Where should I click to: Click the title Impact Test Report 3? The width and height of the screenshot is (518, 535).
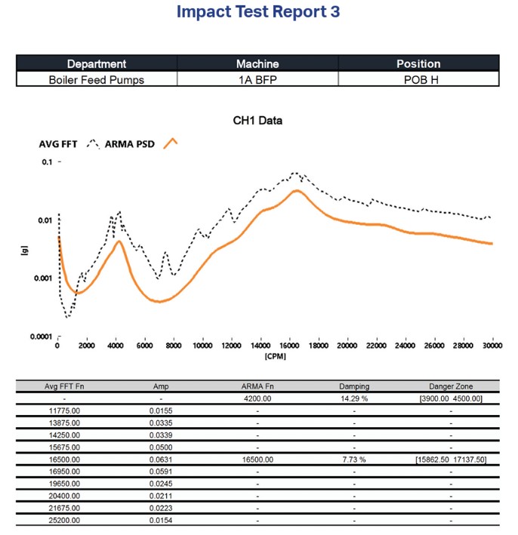[258, 13]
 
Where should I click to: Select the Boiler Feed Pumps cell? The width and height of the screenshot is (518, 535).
[97, 78]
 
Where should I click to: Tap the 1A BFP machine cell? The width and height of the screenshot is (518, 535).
[257, 78]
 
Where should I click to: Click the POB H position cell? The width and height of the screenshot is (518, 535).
[418, 78]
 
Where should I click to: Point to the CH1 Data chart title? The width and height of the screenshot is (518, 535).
[258, 120]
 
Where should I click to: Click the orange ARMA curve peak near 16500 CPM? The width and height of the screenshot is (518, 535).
[297, 190]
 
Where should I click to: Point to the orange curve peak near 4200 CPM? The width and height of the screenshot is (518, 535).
[119, 241]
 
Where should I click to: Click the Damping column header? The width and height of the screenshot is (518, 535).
[354, 386]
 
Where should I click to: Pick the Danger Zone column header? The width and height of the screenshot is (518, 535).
[450, 386]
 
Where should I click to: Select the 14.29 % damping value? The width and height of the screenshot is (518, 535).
[354, 397]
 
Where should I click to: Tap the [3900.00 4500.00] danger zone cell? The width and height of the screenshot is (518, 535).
[450, 397]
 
